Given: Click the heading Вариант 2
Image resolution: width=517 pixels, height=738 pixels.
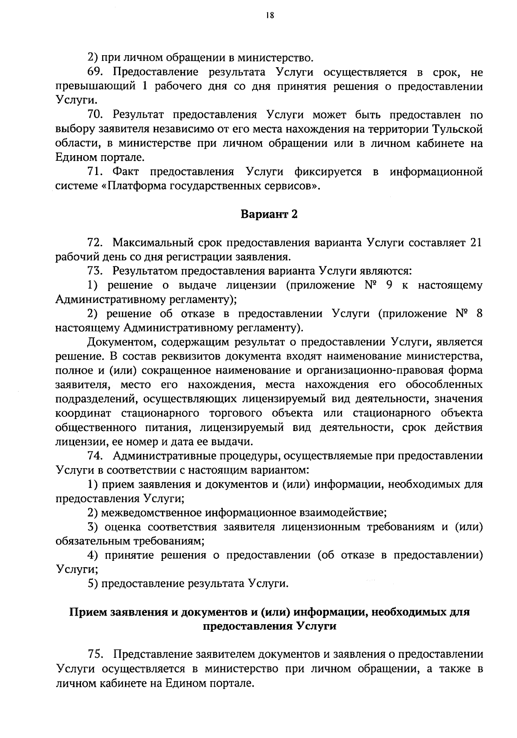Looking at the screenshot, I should click(269, 215).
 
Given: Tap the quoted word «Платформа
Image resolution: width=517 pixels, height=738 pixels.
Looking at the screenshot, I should click(133, 186).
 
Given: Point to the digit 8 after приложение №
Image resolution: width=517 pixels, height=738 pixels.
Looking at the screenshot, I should click(479, 314).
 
